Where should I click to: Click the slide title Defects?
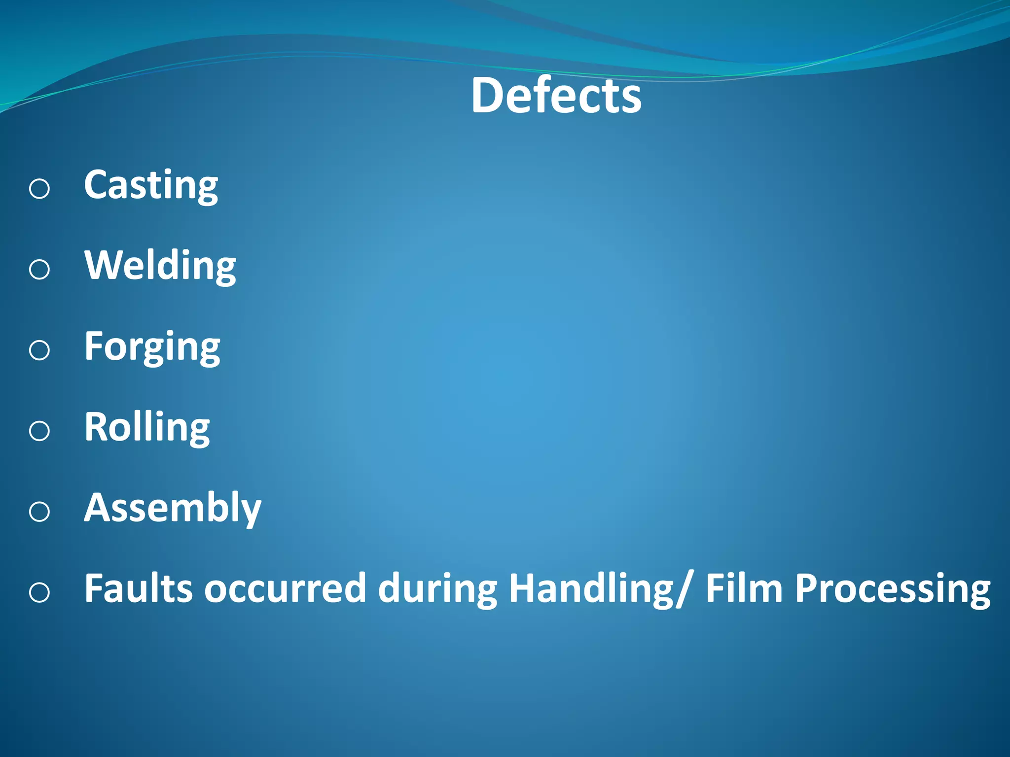click(556, 96)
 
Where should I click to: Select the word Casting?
click(151, 185)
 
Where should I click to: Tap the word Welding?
click(160, 266)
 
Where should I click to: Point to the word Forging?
click(152, 347)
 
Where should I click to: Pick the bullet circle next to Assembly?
click(39, 512)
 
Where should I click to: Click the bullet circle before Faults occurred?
click(39, 592)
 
